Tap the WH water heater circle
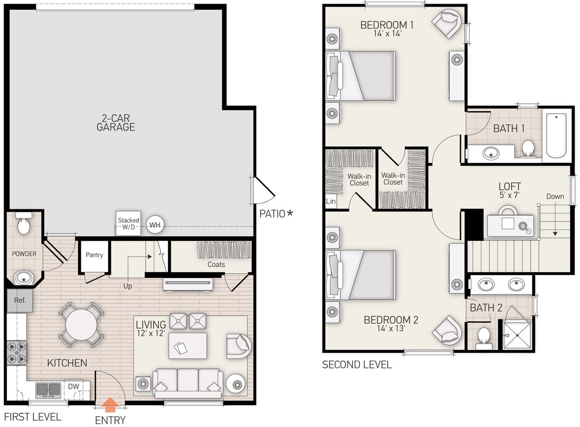point(155,224)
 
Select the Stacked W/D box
point(128,224)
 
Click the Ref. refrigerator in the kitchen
point(20,300)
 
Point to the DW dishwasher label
point(73,387)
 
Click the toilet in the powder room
point(24,224)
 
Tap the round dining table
point(81,324)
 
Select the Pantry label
point(94,255)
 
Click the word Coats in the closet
point(216,264)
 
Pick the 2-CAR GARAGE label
point(116,122)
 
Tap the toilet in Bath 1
point(528,148)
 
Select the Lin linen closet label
point(331,201)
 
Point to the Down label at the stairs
point(555,196)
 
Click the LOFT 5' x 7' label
point(510,190)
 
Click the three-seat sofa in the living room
point(187,382)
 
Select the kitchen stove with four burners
point(16,353)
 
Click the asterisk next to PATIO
point(290,213)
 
